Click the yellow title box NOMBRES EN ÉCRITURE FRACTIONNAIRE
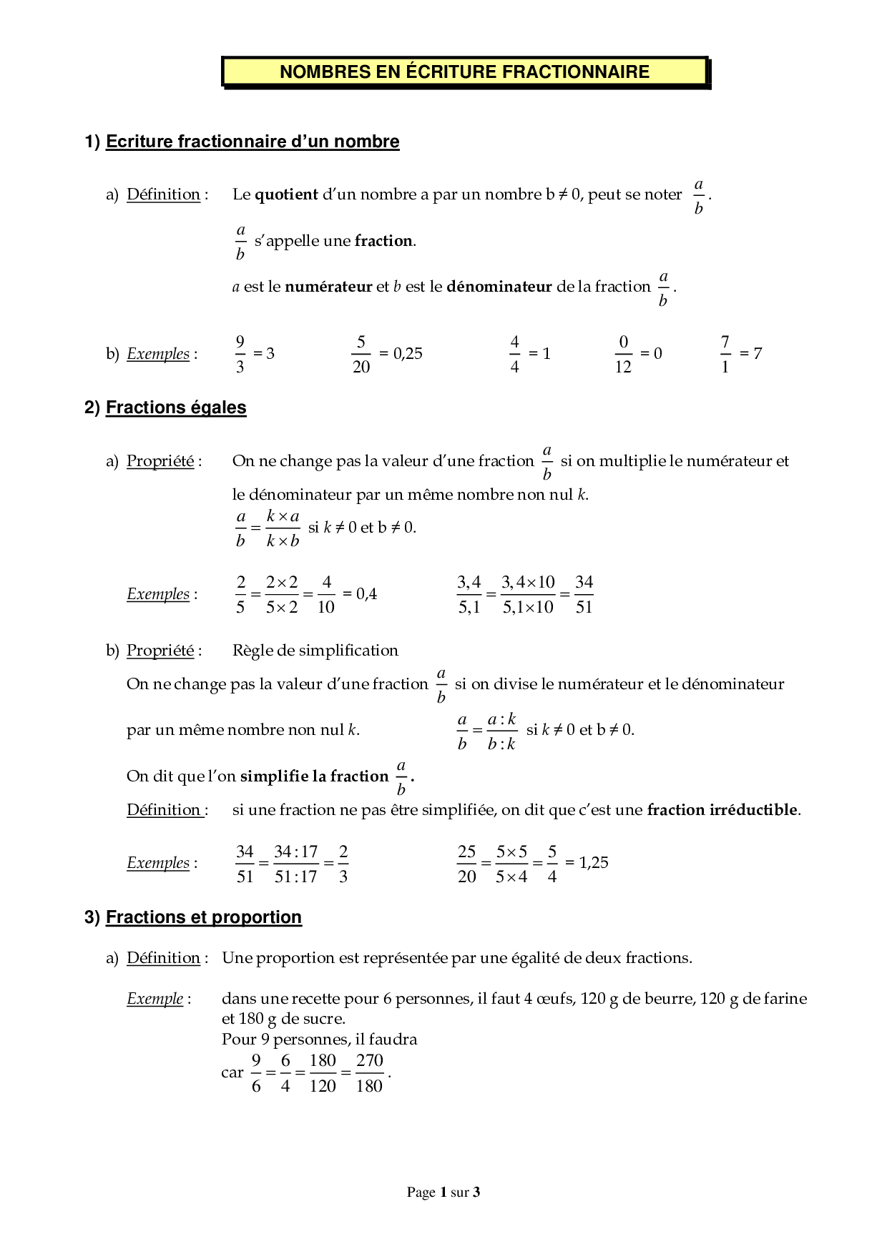tap(464, 72)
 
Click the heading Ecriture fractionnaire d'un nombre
tap(252, 142)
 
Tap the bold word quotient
tap(286, 194)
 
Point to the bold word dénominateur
tap(499, 287)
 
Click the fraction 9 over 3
tap(240, 354)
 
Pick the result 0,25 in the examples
tap(408, 354)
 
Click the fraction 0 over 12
tap(623, 354)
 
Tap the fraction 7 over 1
tap(725, 354)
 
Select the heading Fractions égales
tap(176, 408)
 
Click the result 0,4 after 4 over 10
tap(366, 594)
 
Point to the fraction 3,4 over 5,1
tap(469, 594)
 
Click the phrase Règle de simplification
tap(315, 651)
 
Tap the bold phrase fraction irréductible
tap(722, 810)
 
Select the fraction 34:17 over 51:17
tap(295, 864)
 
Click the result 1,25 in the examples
tap(593, 863)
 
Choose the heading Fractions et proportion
tap(203, 917)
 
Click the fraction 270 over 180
tap(369, 1073)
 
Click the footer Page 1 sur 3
tap(443, 1192)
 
